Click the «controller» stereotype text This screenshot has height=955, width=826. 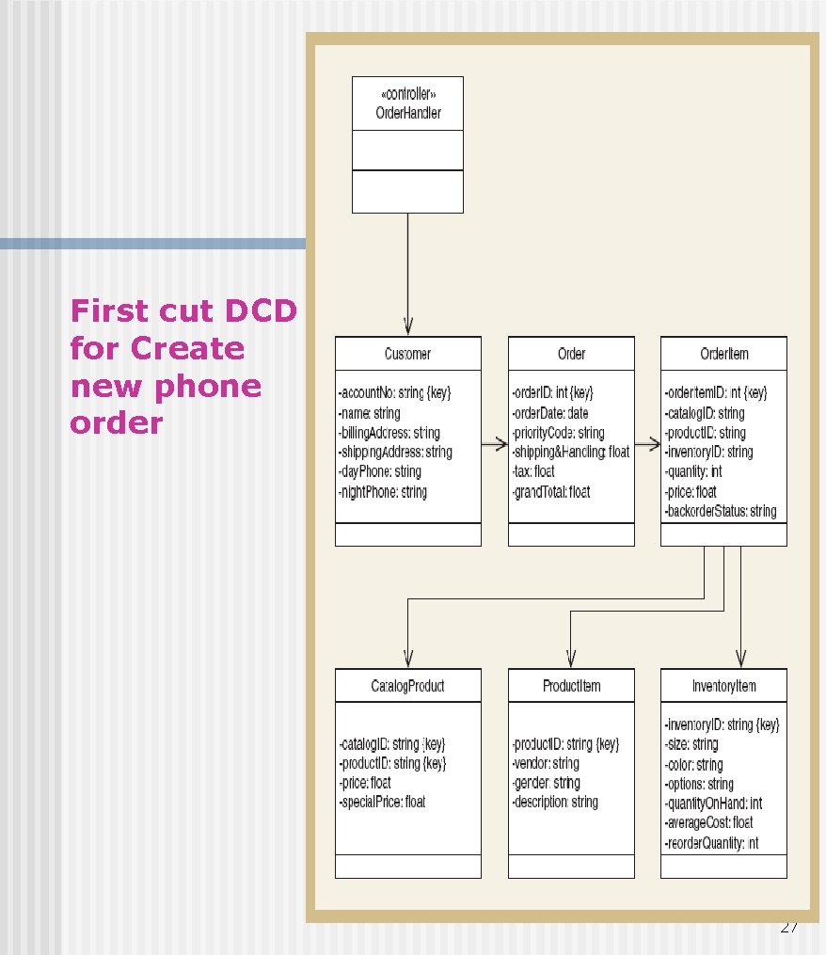(407, 95)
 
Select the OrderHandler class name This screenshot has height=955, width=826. (407, 114)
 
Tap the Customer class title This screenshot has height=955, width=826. (407, 354)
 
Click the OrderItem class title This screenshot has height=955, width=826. (724, 354)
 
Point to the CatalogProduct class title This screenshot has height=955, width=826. (407, 686)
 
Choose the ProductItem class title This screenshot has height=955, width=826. (571, 686)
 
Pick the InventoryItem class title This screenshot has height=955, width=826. (724, 686)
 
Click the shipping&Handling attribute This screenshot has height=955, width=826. (571, 453)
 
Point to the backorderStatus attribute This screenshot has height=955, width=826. (721, 512)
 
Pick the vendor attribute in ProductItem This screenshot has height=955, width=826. (547, 763)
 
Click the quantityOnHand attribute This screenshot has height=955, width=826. (713, 804)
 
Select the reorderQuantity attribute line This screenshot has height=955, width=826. (712, 843)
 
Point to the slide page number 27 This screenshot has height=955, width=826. (789, 928)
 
